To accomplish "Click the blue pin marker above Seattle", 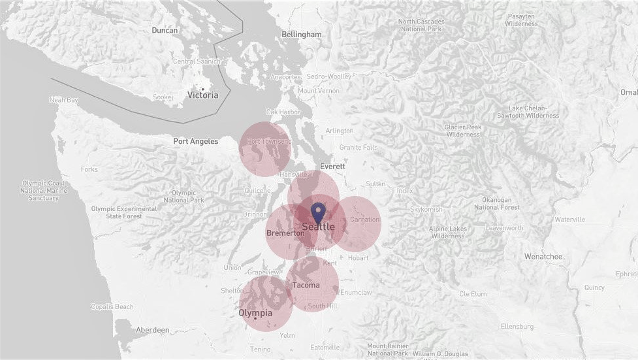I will pyautogui.click(x=318, y=212).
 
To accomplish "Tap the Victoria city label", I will pyautogui.click(x=203, y=95).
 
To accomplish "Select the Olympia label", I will pyautogui.click(x=255, y=313).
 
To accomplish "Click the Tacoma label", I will pyautogui.click(x=306, y=285).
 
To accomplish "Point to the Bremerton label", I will pyautogui.click(x=285, y=233).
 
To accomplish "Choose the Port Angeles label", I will pyautogui.click(x=195, y=141).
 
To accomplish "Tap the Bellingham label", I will pyautogui.click(x=301, y=34).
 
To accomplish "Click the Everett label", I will pyautogui.click(x=332, y=167).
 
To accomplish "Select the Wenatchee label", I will pyautogui.click(x=543, y=257).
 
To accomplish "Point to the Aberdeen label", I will pyautogui.click(x=152, y=331).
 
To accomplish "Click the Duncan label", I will pyautogui.click(x=165, y=30).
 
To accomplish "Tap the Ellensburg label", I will pyautogui.click(x=517, y=326).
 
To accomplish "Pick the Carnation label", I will pyautogui.click(x=364, y=220).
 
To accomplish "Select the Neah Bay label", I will pyautogui.click(x=63, y=100).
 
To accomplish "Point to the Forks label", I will pyautogui.click(x=89, y=169).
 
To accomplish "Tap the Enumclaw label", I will pyautogui.click(x=356, y=293).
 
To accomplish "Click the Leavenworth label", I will pyautogui.click(x=504, y=228).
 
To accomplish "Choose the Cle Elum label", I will pyautogui.click(x=473, y=294).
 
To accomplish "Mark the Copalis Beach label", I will pyautogui.click(x=112, y=306).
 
